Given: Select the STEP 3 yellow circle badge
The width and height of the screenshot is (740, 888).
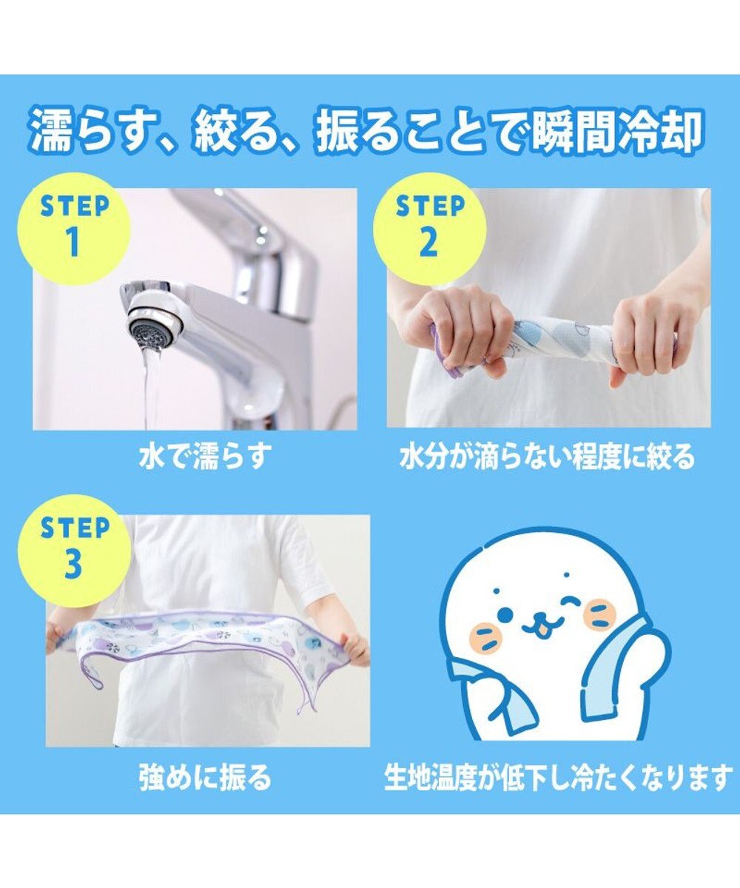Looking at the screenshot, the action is [74, 551].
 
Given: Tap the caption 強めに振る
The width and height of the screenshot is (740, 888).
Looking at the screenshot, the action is [204, 778].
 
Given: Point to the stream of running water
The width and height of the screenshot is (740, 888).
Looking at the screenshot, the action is [152, 385].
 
